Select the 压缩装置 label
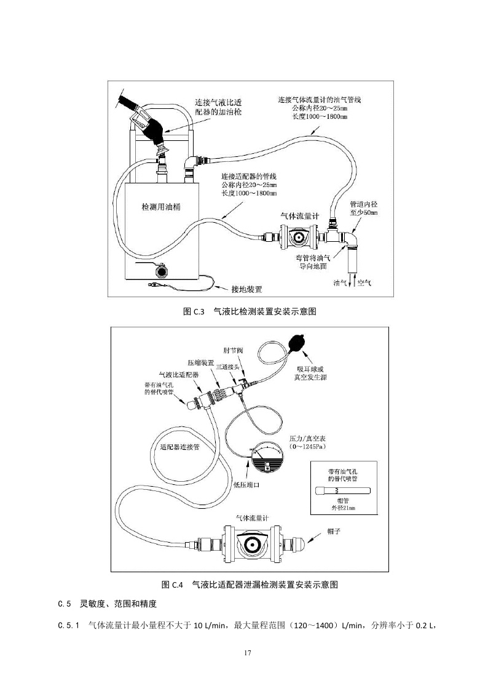[x=200, y=363]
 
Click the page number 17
[x=244, y=653]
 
